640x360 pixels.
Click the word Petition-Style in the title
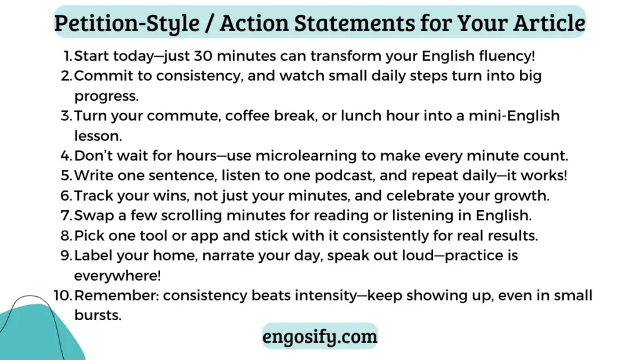pos(127,23)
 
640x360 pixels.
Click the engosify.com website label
pos(319,336)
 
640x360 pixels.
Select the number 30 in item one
pos(203,56)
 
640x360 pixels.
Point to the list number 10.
pos(63,295)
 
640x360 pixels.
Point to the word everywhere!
pos(117,276)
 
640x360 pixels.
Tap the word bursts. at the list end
pos(98,315)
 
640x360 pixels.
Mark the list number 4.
pos(66,156)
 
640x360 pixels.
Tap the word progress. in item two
pos(106,96)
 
